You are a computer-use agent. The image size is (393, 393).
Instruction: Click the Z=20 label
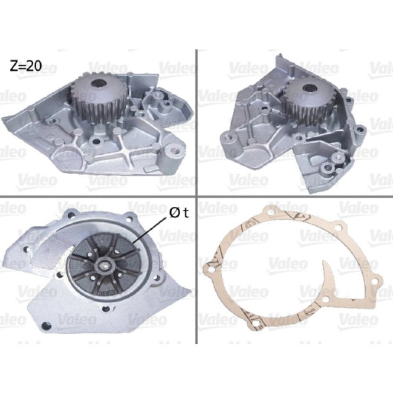pos(25,66)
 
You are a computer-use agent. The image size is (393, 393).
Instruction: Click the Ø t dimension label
pos(177,213)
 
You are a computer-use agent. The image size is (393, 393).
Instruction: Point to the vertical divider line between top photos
pos(197,121)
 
